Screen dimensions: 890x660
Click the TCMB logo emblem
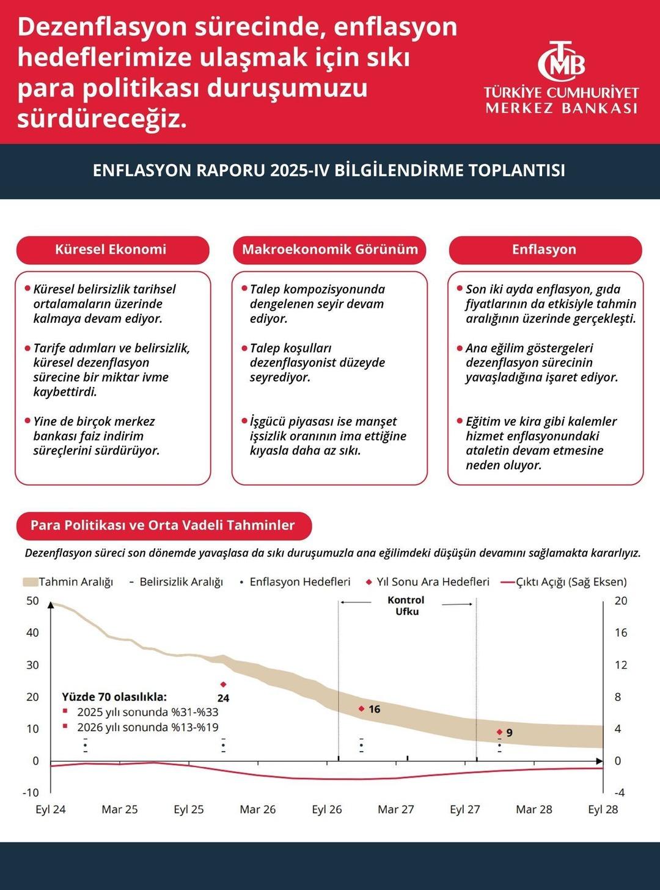(x=561, y=61)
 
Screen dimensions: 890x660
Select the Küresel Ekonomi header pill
(x=112, y=250)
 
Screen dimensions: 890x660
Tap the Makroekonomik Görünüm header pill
(x=329, y=250)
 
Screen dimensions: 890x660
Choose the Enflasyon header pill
(x=544, y=250)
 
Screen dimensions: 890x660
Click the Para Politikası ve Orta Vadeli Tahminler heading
(x=163, y=525)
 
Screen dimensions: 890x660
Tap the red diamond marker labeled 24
(x=223, y=684)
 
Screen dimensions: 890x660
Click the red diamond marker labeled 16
(x=361, y=708)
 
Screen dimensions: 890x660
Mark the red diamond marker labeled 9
(x=499, y=732)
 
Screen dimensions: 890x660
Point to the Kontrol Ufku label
(x=406, y=606)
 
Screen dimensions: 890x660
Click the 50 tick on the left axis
(x=32, y=601)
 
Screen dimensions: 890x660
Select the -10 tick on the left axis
(x=31, y=793)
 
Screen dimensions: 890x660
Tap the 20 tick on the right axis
(x=621, y=601)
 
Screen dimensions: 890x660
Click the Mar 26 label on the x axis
(x=257, y=809)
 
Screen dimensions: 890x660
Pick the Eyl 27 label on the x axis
(x=464, y=809)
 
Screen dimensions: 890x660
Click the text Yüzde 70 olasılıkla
(x=114, y=697)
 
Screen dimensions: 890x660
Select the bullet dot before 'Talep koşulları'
(x=244, y=348)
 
